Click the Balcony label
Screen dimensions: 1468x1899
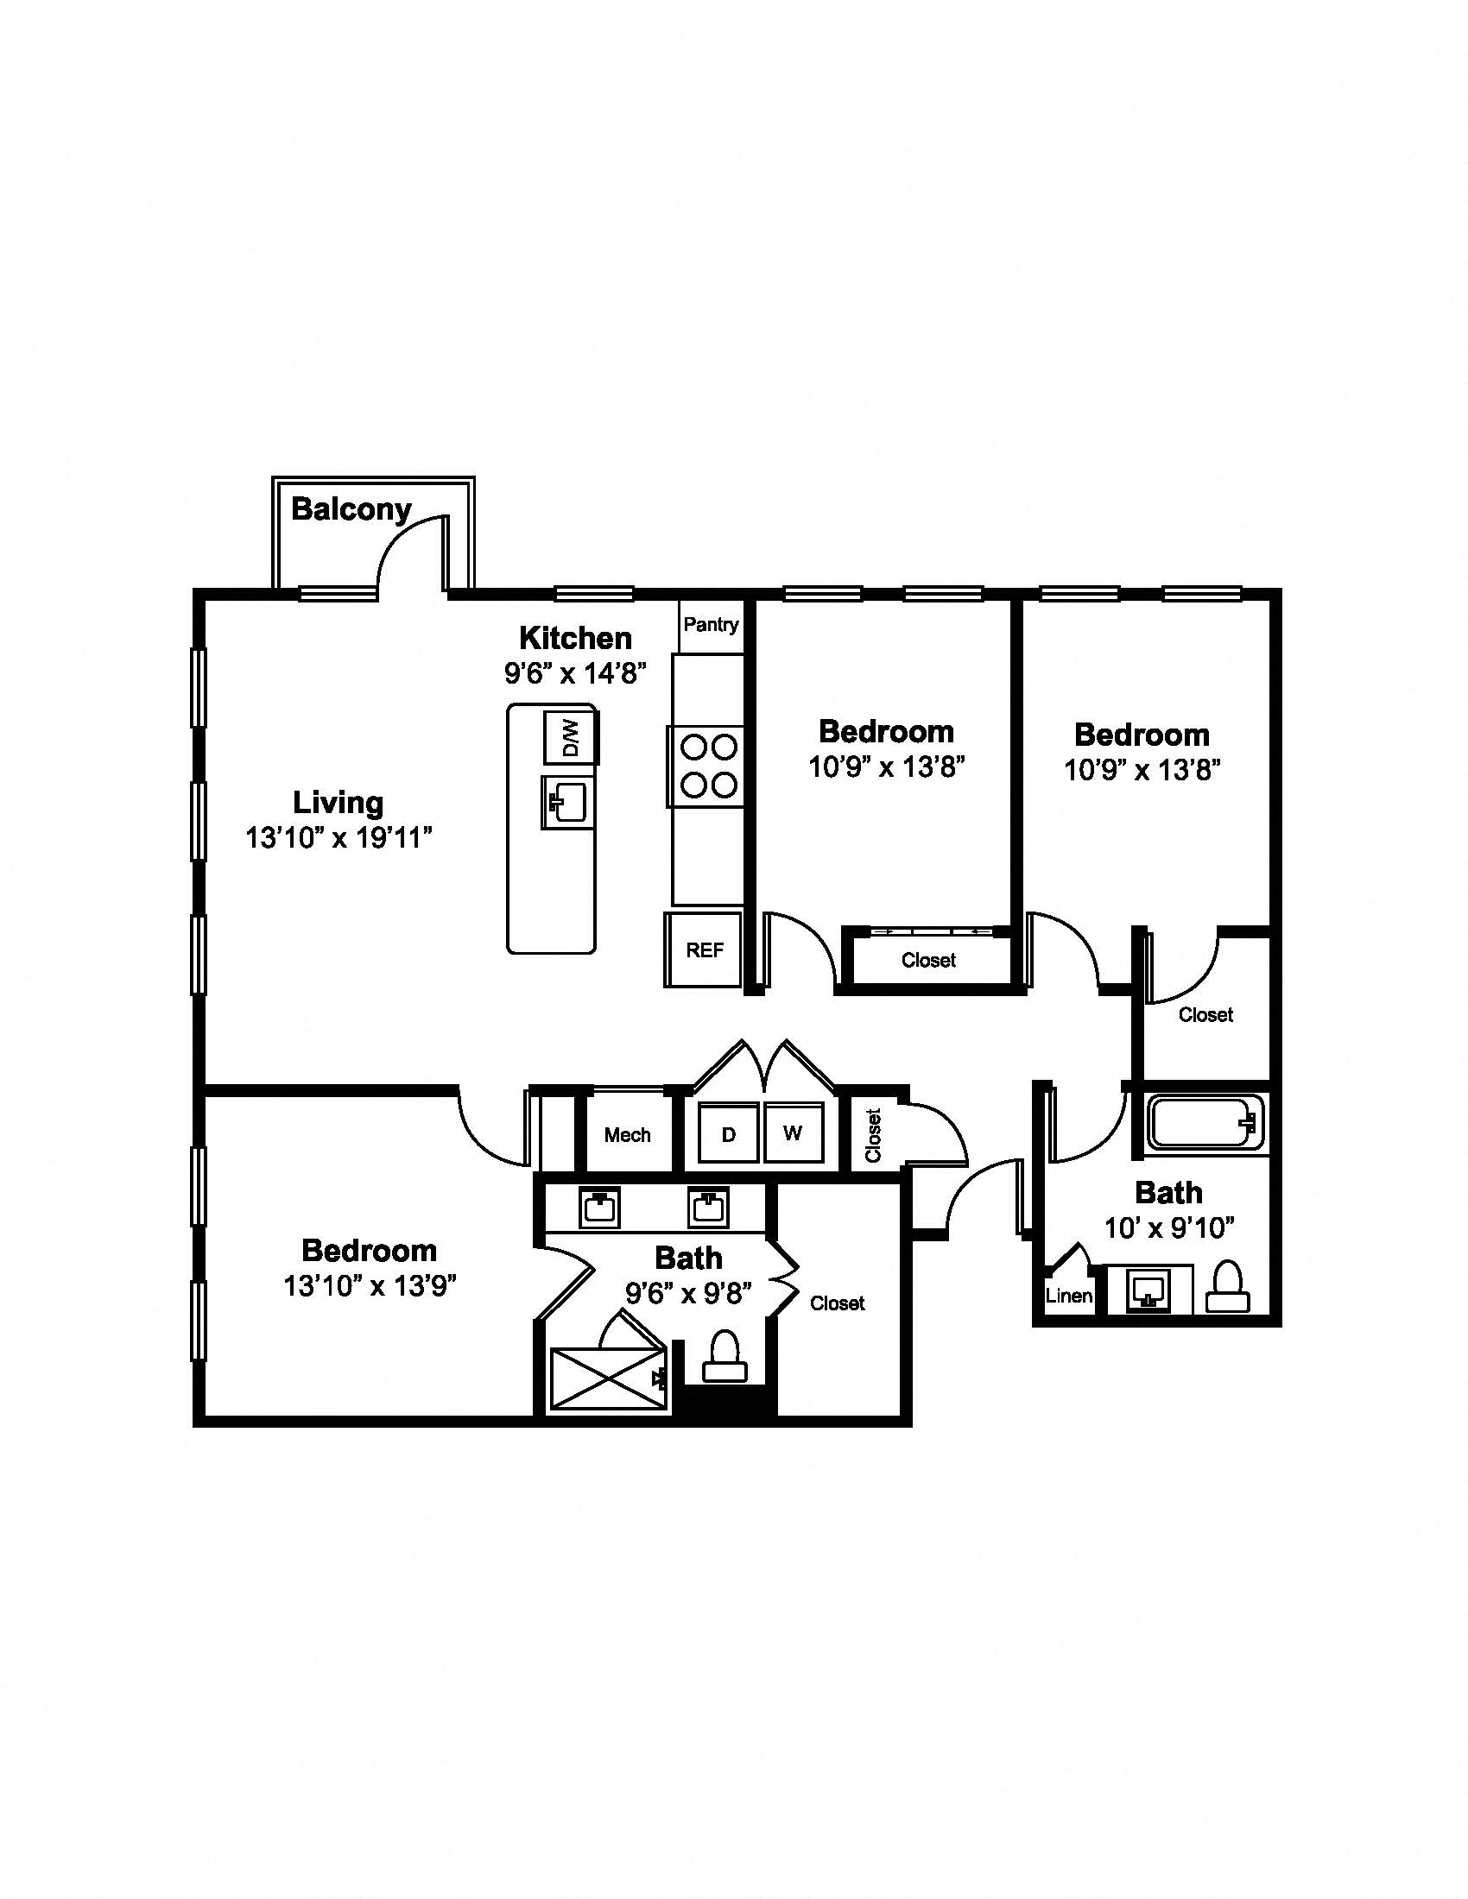(351, 509)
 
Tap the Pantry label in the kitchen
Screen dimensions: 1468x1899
(712, 624)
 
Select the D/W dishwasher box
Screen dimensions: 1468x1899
(571, 737)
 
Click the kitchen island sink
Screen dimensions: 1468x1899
(567, 803)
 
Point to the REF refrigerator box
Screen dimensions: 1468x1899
(704, 949)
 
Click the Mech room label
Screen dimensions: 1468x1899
(627, 1135)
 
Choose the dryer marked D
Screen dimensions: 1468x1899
(729, 1133)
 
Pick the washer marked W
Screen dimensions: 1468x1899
(793, 1132)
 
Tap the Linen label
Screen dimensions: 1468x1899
(1069, 1296)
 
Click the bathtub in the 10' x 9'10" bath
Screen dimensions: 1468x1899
(1205, 1122)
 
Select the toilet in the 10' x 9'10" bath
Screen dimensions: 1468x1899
(1227, 1287)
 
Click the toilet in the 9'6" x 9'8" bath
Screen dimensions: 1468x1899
(725, 1356)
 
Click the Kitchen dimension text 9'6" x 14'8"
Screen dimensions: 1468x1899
(576, 673)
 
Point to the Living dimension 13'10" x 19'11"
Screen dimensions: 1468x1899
(339, 838)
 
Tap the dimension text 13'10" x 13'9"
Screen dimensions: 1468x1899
(370, 1285)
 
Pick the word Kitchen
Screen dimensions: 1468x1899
(576, 638)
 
